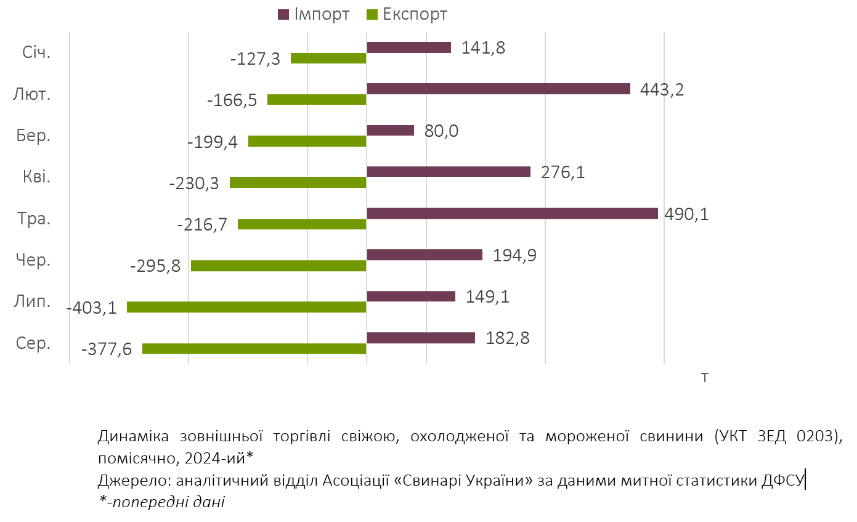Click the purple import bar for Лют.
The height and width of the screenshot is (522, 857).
(x=498, y=89)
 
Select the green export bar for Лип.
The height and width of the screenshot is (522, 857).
(x=246, y=307)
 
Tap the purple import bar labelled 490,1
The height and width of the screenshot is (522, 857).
(x=512, y=213)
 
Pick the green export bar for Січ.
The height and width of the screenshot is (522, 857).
(x=328, y=59)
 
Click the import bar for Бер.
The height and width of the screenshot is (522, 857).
(x=390, y=130)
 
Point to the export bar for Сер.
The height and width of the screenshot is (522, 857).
(x=254, y=348)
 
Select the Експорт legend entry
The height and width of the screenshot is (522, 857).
(x=407, y=14)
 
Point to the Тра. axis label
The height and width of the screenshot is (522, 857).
(x=35, y=219)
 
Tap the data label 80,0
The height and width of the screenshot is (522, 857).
(x=441, y=131)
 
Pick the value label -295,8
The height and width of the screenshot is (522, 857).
(x=155, y=266)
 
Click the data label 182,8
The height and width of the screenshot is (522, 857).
(x=508, y=338)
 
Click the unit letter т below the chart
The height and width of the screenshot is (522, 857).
(x=704, y=377)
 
